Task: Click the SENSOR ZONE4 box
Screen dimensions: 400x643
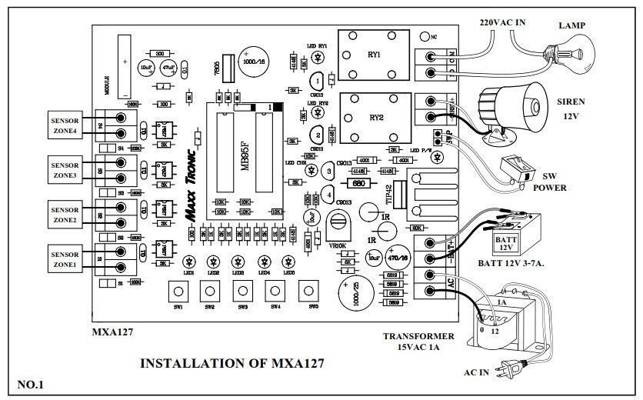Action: point(65,125)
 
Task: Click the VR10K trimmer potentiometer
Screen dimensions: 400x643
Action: point(338,224)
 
